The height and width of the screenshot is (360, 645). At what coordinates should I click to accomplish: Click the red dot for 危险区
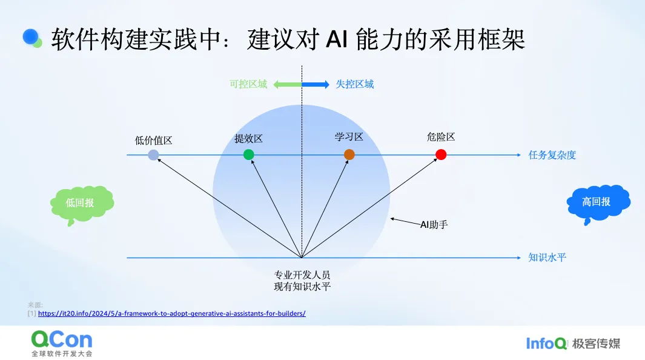pos(441,155)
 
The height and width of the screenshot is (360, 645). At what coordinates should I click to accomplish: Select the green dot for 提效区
pos(248,155)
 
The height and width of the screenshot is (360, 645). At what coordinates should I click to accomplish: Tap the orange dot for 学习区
pos(349,155)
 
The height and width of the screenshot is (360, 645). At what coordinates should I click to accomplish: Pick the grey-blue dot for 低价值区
pos(153,155)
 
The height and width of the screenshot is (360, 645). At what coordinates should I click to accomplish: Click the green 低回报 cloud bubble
pos(81,203)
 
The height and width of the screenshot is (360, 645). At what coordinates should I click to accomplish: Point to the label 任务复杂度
pos(552,155)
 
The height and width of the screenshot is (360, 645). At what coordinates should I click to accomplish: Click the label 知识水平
pos(547,258)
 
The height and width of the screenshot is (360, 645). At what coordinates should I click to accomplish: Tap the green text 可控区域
pos(248,84)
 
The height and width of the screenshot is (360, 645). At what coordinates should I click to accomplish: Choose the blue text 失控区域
pos(355,84)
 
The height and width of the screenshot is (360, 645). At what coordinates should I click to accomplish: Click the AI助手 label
pos(434,224)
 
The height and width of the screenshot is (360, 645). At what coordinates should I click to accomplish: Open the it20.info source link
pos(171,313)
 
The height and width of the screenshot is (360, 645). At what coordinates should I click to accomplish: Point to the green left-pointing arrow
pos(287,84)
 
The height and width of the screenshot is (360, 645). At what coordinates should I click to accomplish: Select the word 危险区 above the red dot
pos(441,137)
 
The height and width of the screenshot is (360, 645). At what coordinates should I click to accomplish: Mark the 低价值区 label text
pos(153,140)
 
